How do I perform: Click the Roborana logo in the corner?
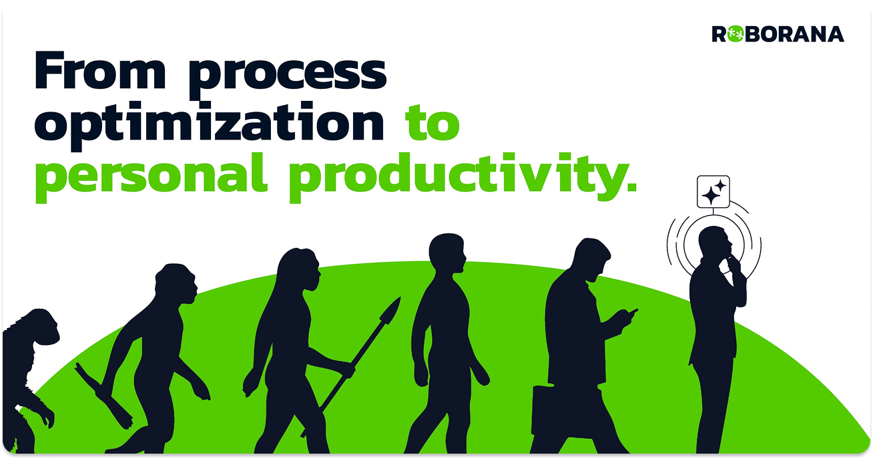tap(778, 34)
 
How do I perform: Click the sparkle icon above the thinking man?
tap(713, 192)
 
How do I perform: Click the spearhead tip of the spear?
tap(391, 311)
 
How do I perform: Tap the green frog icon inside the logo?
tap(736, 34)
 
